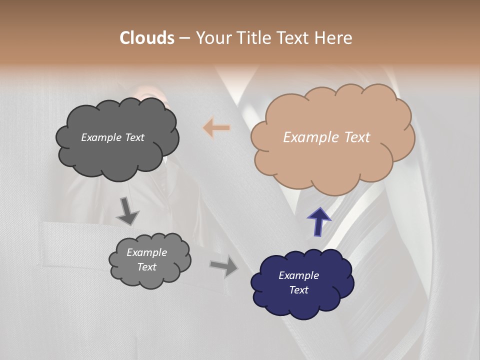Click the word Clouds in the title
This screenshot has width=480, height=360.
(x=147, y=37)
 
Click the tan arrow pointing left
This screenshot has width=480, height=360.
(x=216, y=128)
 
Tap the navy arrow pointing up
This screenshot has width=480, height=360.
(x=318, y=220)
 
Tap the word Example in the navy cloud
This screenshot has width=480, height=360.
(x=298, y=275)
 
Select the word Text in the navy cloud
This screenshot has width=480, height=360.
(x=298, y=290)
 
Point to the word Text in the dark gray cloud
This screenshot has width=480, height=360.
(x=134, y=137)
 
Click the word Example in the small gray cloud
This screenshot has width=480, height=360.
(x=146, y=252)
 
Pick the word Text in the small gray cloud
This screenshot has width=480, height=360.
(x=146, y=267)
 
